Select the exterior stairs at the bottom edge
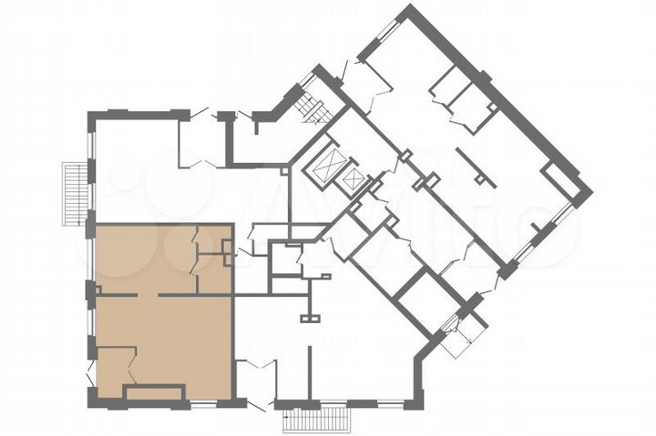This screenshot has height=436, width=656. tap(316, 420)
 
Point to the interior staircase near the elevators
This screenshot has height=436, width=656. tap(313, 107)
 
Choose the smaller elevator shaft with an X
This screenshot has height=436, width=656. tap(351, 181)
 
